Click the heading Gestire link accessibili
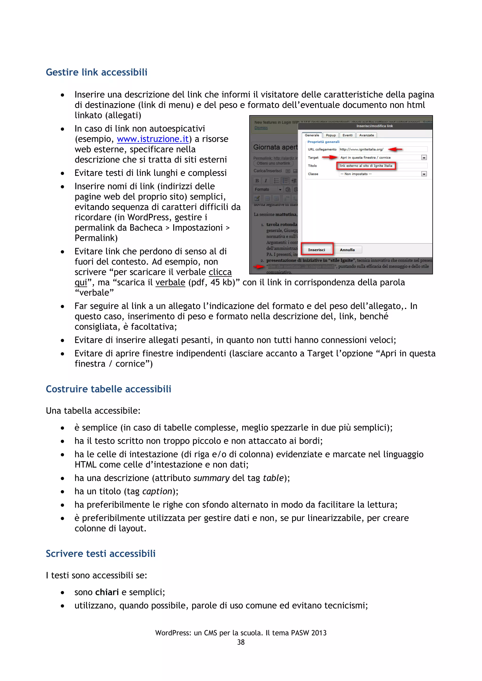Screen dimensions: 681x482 (96, 72)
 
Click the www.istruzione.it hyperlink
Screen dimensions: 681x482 (153, 139)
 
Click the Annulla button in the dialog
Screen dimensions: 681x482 (347, 250)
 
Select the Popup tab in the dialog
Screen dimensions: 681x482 (331, 135)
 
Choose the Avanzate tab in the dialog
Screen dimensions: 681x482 (366, 135)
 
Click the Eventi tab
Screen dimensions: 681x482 (348, 135)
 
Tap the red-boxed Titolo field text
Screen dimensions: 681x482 (366, 166)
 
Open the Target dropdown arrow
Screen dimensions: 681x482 (424, 158)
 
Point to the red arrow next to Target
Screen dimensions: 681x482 (329, 158)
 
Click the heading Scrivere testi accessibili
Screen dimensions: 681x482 (101, 554)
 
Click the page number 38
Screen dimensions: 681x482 (241, 642)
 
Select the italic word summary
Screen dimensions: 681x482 (211, 478)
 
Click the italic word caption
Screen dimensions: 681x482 (157, 491)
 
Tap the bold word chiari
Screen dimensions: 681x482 (107, 592)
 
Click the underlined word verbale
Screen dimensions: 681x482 (170, 282)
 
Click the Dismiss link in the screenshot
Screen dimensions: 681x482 (261, 128)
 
